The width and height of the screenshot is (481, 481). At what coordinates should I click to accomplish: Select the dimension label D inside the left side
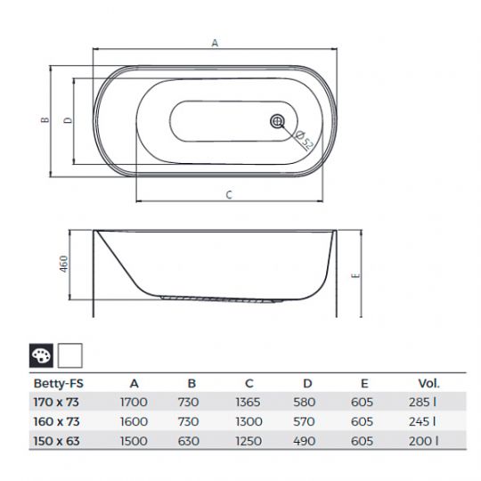pos(69,120)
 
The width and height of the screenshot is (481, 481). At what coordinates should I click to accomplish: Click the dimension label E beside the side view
pos(356,275)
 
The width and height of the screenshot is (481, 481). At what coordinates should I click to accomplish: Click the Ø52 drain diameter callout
pos(302,140)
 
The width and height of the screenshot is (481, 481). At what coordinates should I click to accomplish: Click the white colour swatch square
pos(70,357)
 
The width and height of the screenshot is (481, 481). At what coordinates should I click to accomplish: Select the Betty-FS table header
pos(55,384)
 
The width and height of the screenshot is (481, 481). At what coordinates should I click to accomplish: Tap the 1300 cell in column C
pos(251,420)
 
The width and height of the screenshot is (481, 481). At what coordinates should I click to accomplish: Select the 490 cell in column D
pos(308,439)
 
